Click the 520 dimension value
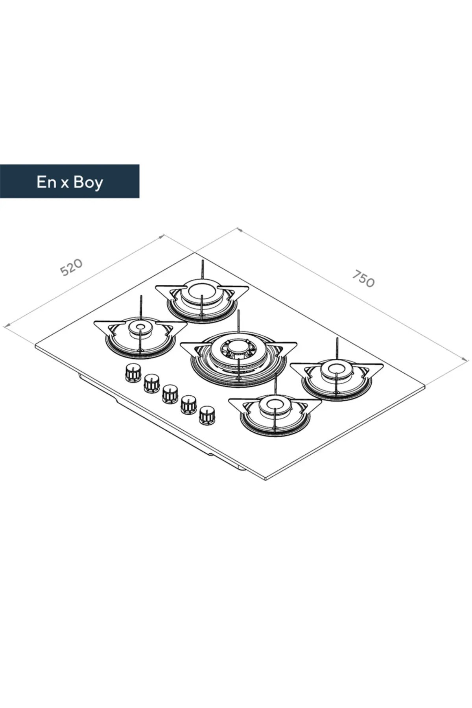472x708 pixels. click(72, 267)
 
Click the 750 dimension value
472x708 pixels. click(363, 278)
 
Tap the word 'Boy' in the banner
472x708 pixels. click(88, 183)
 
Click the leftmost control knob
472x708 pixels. click(133, 372)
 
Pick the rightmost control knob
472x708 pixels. click(207, 415)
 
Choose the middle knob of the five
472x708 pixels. click(170, 394)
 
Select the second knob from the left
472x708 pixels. click(152, 383)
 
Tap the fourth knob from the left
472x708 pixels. click(188, 405)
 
